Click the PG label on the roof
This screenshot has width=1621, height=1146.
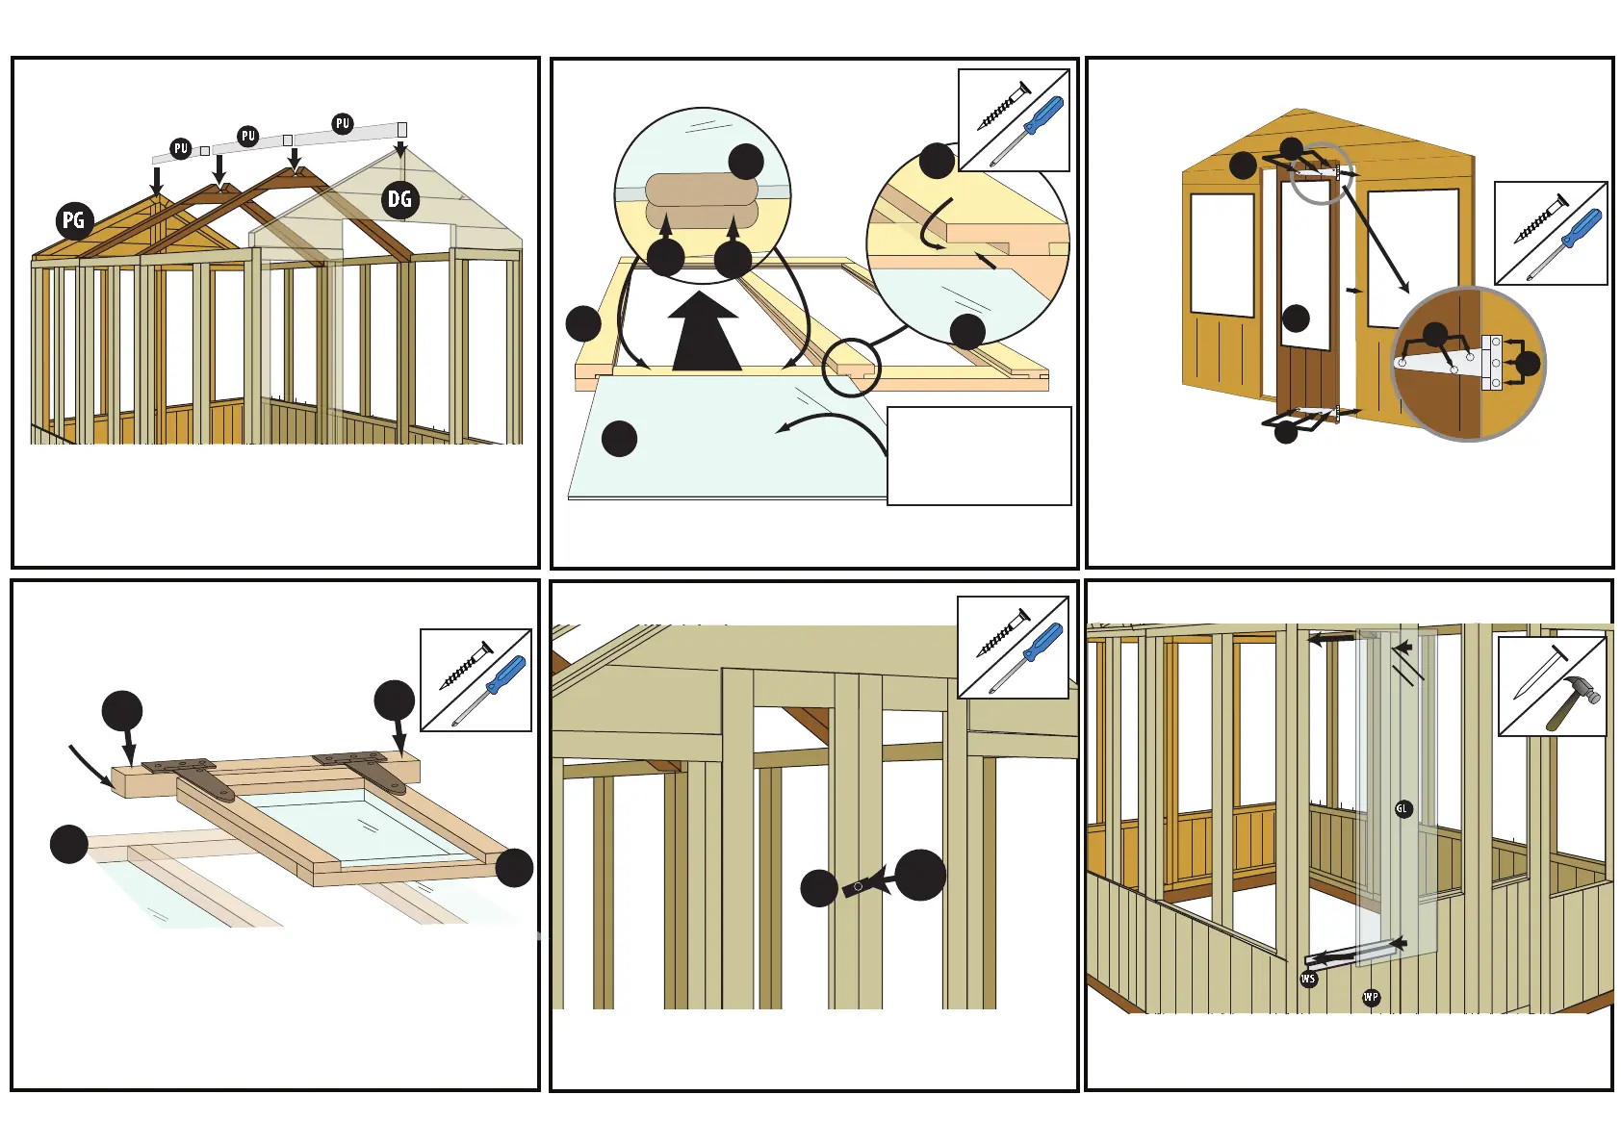(x=74, y=220)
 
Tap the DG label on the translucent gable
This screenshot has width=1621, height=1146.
(x=399, y=200)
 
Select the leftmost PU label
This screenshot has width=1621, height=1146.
(x=180, y=148)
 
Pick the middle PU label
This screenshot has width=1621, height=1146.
(x=248, y=136)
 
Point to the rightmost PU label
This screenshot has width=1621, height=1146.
(x=343, y=123)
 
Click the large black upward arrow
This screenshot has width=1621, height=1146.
(x=706, y=333)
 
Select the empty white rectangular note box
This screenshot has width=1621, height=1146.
(x=978, y=455)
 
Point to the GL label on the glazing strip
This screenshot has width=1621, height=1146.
(x=1402, y=809)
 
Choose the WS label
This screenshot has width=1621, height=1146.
(x=1308, y=979)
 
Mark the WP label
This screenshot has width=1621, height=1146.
(x=1371, y=997)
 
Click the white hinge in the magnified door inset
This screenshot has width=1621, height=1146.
(x=1491, y=363)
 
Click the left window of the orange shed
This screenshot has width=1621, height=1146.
(x=1222, y=254)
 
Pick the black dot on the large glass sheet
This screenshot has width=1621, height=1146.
(x=619, y=439)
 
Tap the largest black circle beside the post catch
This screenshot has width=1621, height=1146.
(x=919, y=875)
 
